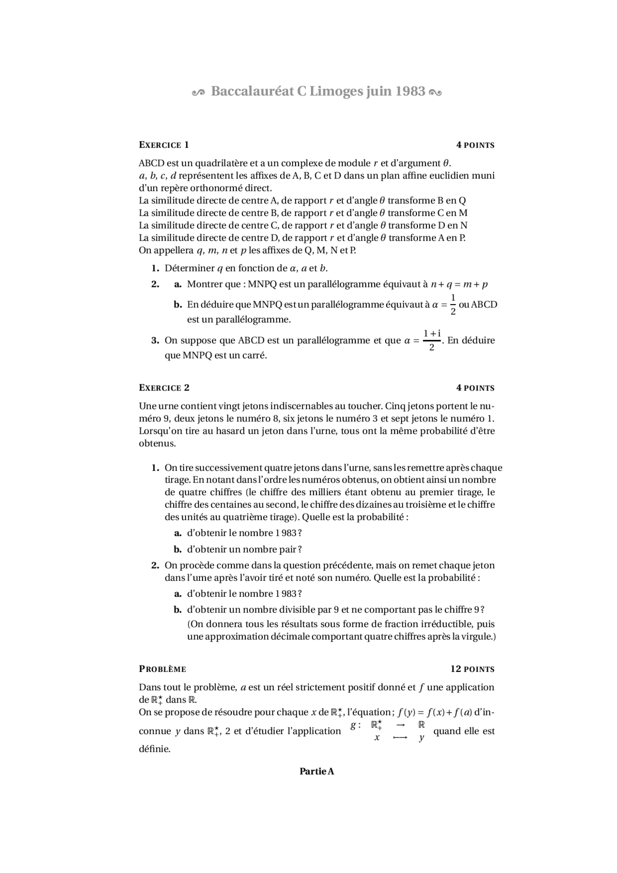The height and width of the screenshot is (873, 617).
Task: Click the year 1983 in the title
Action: coord(410,91)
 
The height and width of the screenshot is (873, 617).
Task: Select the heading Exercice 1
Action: coord(164,145)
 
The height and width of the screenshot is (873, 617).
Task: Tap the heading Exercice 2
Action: coord(164,388)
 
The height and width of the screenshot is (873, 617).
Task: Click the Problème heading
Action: coord(162,669)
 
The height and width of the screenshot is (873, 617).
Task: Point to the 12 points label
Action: coord(472,669)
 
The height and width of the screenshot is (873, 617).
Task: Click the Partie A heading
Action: coord(317,771)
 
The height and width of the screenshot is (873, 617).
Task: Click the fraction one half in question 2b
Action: coord(453,304)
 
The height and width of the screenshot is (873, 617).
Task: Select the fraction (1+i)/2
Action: coord(432,340)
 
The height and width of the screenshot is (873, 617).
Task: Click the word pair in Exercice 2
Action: coord(288,549)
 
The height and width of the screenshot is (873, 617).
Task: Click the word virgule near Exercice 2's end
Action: coord(478,636)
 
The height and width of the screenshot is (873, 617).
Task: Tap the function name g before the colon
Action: coord(353,725)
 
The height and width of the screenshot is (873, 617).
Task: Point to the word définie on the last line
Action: coord(154,749)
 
